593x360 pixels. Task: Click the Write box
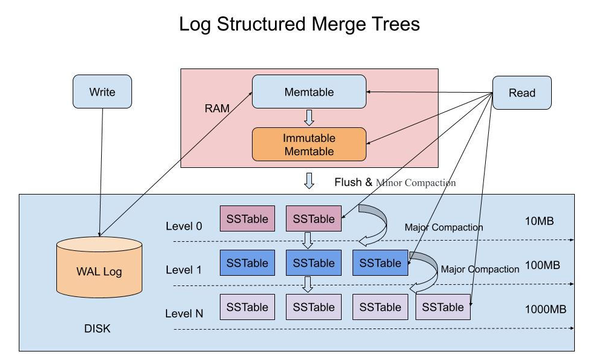pos(102,92)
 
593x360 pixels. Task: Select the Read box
pos(522,93)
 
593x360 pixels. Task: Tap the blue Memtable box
pos(309,92)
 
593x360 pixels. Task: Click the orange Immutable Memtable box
pos(309,144)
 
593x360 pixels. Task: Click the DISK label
pos(97,330)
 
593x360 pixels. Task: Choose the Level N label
pos(184,313)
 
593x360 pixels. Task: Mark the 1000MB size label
pos(545,309)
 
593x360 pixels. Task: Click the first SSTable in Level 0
pos(247,219)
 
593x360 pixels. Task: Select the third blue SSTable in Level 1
pos(380,263)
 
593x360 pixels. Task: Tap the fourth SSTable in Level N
pos(443,307)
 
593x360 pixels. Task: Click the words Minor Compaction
pos(416,182)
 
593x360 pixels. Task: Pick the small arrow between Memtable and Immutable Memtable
pos(309,118)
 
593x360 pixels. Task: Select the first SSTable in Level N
pos(247,307)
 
